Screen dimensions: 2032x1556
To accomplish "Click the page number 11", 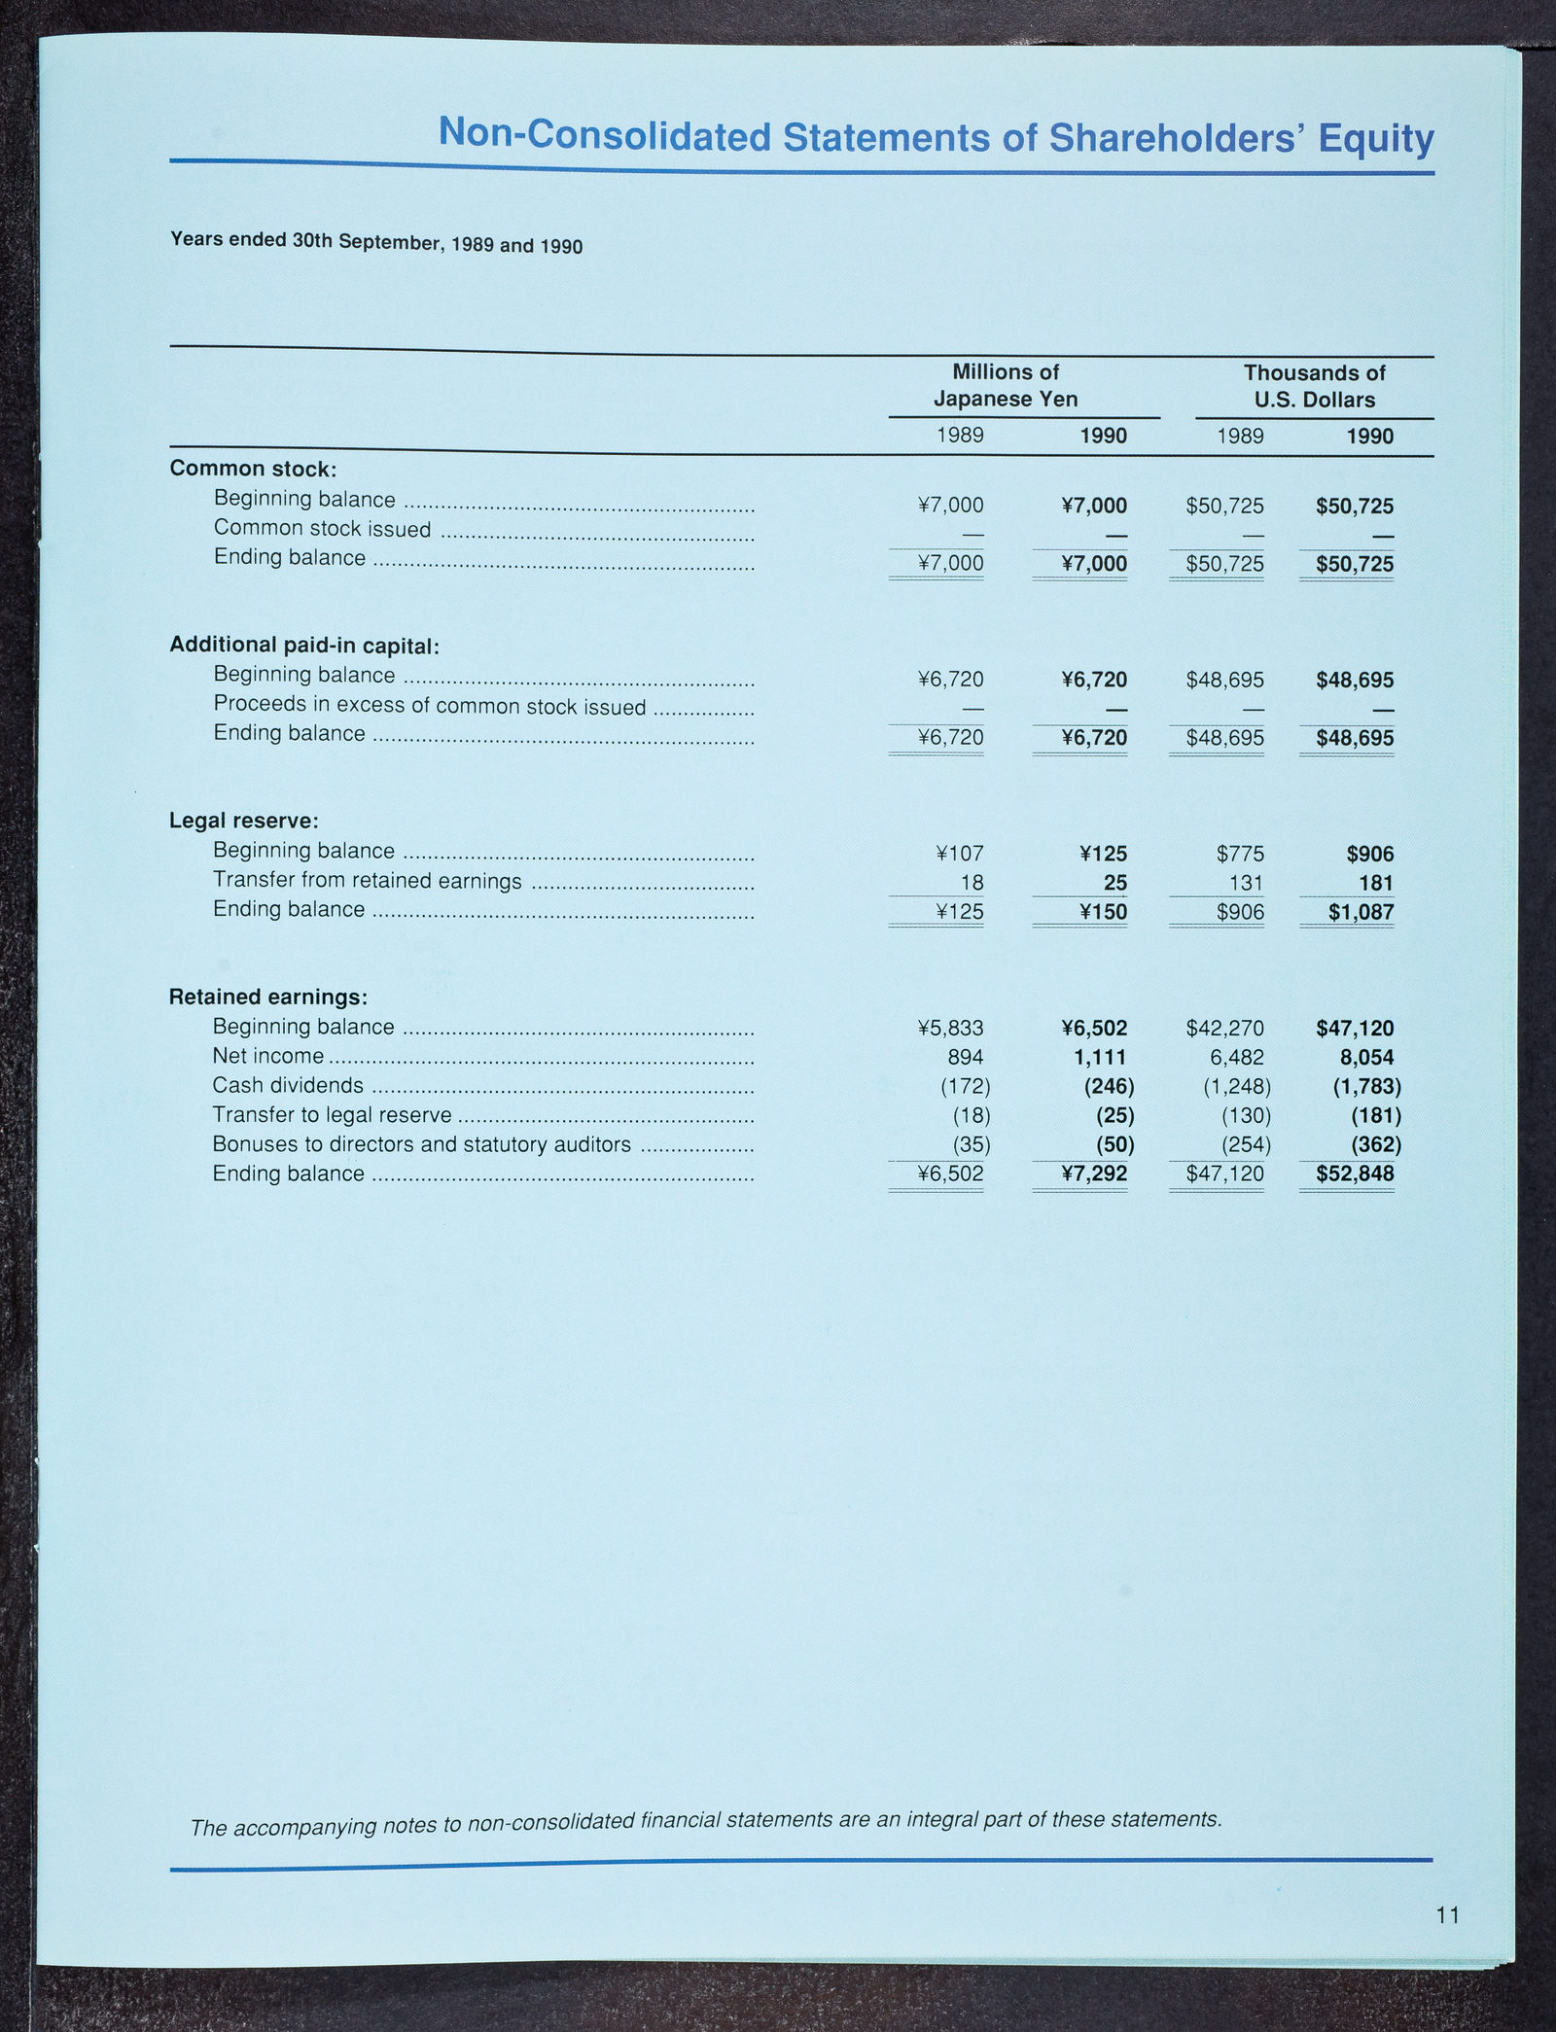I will pos(1447,1915).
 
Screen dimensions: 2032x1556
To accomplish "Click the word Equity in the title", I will pos(1375,139).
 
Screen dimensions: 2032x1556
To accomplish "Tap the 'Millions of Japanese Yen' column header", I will pos(1006,385).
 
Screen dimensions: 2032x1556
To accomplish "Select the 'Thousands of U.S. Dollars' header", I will pos(1314,386).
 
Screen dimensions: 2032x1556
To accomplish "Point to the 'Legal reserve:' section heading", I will pos(244,821).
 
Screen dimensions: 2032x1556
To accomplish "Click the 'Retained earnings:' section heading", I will pos(268,997).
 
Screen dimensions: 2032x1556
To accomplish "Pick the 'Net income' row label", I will pos(268,1056).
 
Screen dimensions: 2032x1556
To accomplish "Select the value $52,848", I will pos(1355,1174).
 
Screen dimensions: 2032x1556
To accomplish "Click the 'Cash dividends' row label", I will pos(288,1085).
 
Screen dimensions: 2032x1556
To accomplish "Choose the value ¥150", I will pos(1103,912).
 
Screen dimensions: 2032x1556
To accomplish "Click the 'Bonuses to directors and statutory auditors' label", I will pos(422,1144).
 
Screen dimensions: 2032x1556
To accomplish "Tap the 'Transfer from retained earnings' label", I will pos(368,881).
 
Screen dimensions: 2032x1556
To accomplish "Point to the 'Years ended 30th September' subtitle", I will pos(376,243).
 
